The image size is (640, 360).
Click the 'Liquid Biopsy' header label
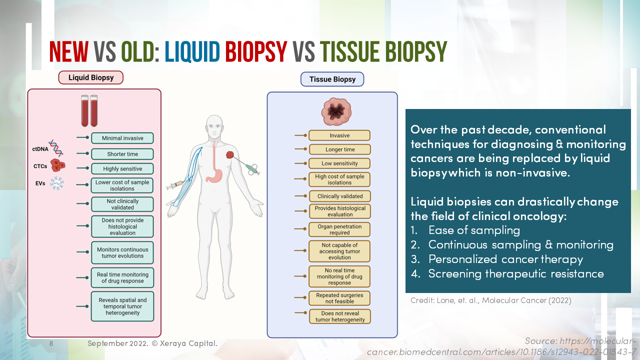90,77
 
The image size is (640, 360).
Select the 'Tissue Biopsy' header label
332,79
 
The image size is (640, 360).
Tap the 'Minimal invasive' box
122,138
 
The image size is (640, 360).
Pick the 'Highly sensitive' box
122,169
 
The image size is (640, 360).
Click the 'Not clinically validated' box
122,204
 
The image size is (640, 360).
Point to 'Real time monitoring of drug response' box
122,277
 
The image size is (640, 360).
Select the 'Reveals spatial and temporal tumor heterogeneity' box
122,306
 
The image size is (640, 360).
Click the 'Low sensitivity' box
339,163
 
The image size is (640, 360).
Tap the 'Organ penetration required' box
339,229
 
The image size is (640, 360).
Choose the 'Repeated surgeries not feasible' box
339,298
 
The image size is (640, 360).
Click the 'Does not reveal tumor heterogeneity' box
339,316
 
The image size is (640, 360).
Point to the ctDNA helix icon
56,148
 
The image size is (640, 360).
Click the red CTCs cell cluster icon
58,166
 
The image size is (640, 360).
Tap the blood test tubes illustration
89,110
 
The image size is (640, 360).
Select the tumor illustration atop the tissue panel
336,111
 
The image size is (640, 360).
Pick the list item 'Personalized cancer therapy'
505,259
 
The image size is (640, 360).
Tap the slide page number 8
51,344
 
